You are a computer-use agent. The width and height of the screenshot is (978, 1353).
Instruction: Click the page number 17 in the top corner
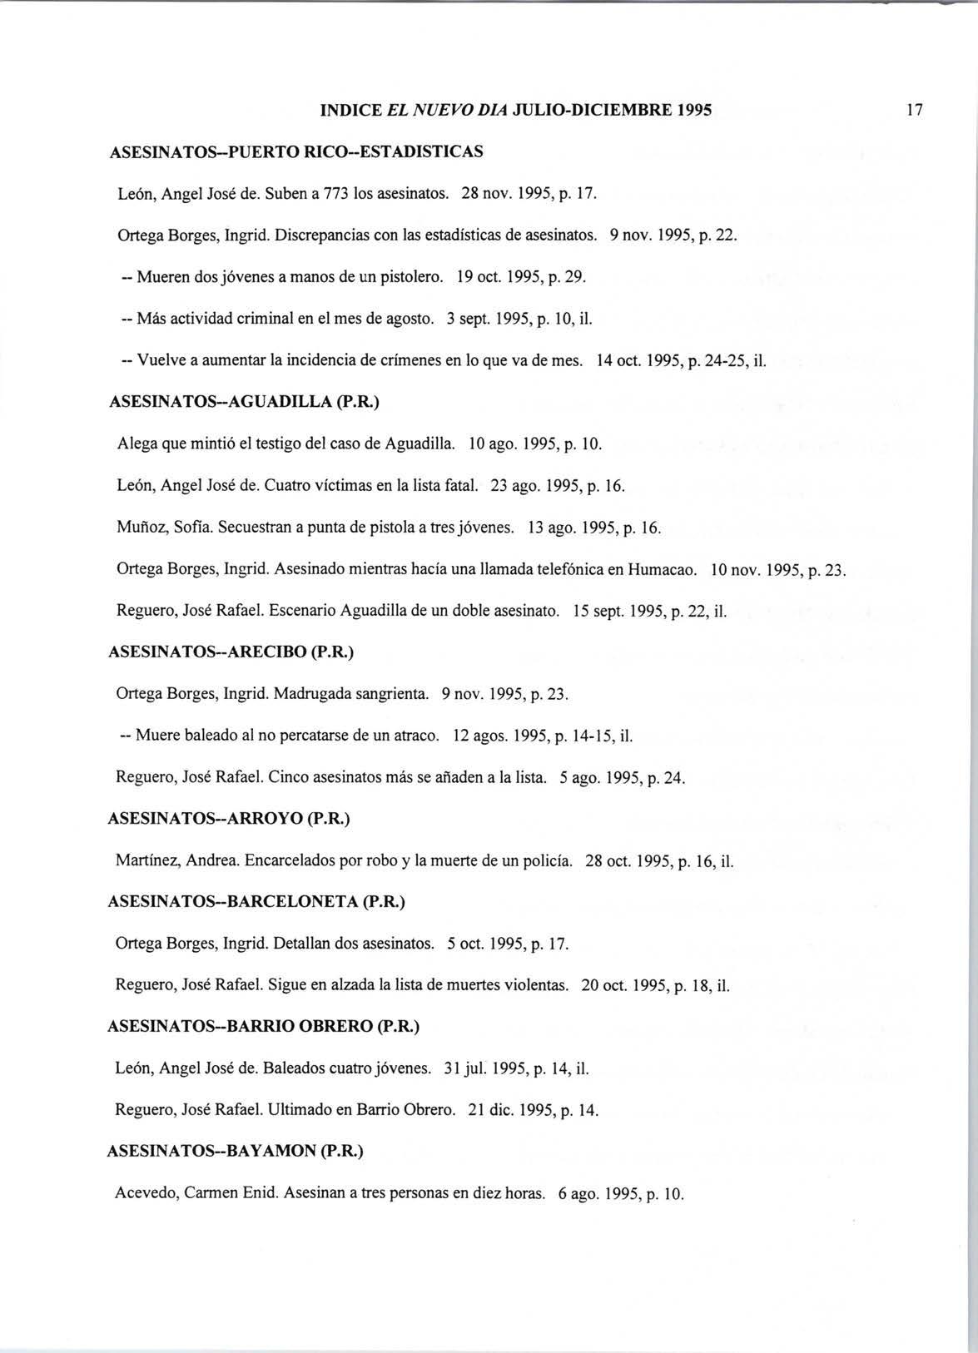(x=916, y=110)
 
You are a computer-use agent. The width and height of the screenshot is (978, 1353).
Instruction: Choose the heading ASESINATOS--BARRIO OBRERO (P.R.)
(x=263, y=1027)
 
